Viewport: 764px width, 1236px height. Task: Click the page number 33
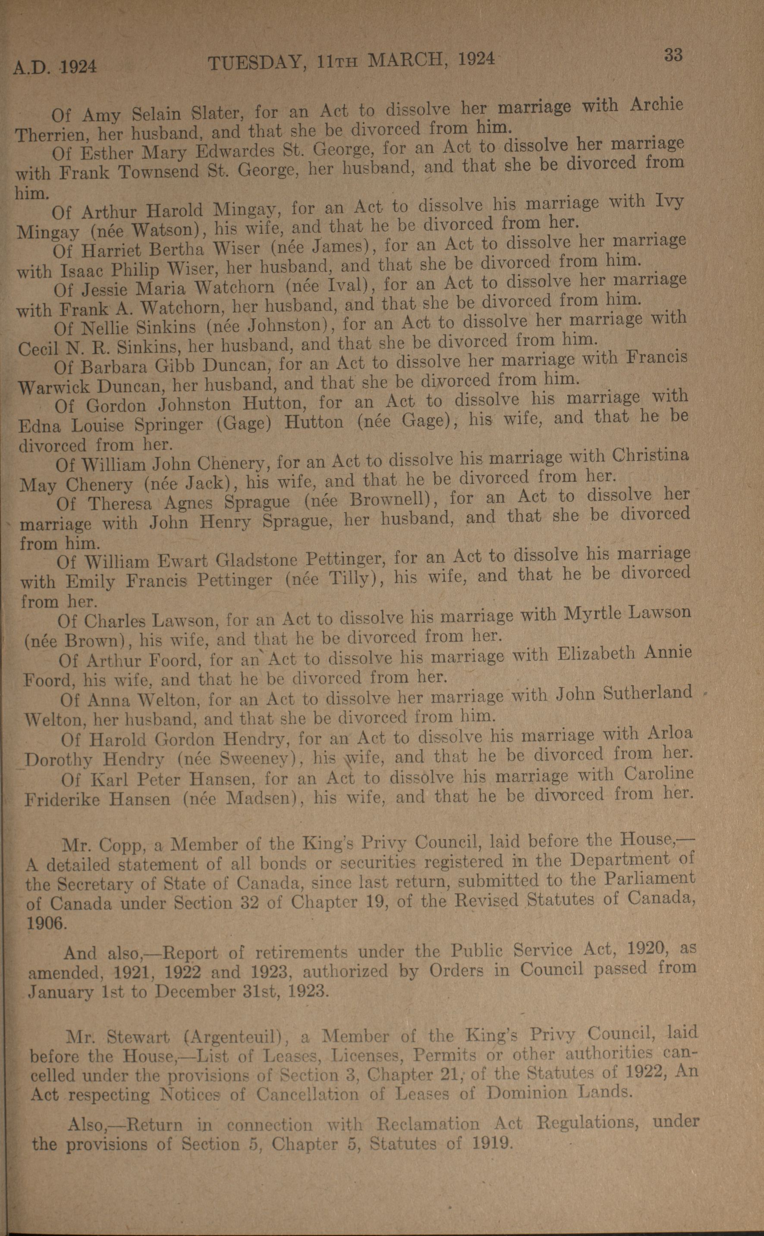[x=673, y=54]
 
